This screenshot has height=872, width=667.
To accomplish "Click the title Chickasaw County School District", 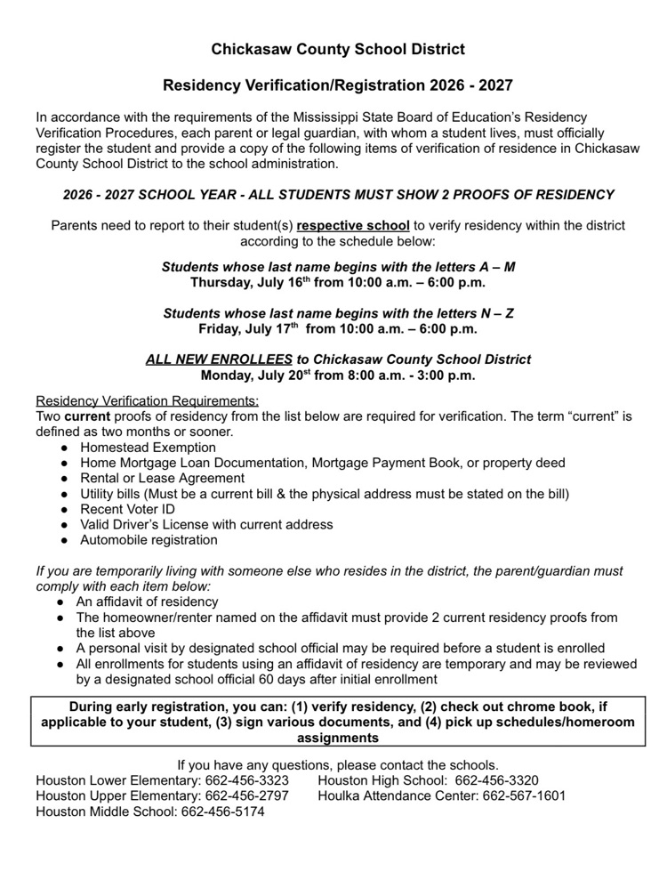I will click(338, 49).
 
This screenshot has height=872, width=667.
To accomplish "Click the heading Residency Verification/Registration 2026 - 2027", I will click(338, 86).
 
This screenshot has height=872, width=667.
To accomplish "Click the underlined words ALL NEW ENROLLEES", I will click(219, 359).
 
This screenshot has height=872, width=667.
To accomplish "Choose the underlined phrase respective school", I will click(353, 225).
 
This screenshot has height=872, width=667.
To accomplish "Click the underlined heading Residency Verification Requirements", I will click(148, 400).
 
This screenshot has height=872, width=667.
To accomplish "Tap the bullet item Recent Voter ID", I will click(127, 509).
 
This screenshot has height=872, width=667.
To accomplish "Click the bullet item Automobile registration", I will click(149, 539).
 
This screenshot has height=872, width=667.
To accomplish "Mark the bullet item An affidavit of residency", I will click(147, 602).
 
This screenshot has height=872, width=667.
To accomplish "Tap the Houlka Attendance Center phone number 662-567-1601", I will click(524, 795).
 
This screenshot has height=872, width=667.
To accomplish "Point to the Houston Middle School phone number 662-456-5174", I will click(222, 811).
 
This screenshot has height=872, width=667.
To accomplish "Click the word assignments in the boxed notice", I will click(338, 738).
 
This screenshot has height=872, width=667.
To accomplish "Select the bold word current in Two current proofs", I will click(87, 416).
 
